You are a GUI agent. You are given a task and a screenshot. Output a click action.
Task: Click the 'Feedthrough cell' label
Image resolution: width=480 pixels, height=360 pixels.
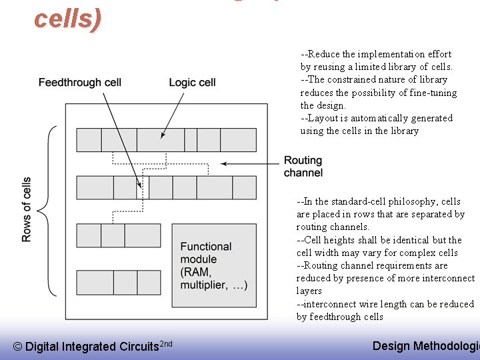tap(80, 83)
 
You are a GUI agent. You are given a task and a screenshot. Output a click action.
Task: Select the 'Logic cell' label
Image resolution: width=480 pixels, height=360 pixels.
tap(192, 83)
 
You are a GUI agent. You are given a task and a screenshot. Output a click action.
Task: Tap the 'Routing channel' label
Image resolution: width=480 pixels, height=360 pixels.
tap(303, 167)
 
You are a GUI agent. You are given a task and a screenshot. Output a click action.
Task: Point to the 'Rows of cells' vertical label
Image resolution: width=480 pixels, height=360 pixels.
tap(27, 209)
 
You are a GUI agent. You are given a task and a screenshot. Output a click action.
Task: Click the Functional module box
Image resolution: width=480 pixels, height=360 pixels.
tap(214, 265)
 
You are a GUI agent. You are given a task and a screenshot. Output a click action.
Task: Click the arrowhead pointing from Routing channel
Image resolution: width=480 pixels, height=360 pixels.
tap(224, 163)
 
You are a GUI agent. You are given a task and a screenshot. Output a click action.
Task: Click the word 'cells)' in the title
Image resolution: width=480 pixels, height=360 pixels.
tap(67, 19)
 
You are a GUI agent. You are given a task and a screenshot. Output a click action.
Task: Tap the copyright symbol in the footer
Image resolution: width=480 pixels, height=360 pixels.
tap(18, 347)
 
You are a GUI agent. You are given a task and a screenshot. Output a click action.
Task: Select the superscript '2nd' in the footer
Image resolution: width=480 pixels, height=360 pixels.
tap(167, 343)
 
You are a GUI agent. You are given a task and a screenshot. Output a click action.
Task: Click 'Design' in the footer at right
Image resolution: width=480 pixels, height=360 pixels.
tap(391, 345)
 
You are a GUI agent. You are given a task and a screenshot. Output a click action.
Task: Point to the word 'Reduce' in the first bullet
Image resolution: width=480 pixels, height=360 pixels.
tap(325, 54)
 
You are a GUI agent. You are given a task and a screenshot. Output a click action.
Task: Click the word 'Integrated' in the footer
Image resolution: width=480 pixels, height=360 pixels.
tap(88, 347)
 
